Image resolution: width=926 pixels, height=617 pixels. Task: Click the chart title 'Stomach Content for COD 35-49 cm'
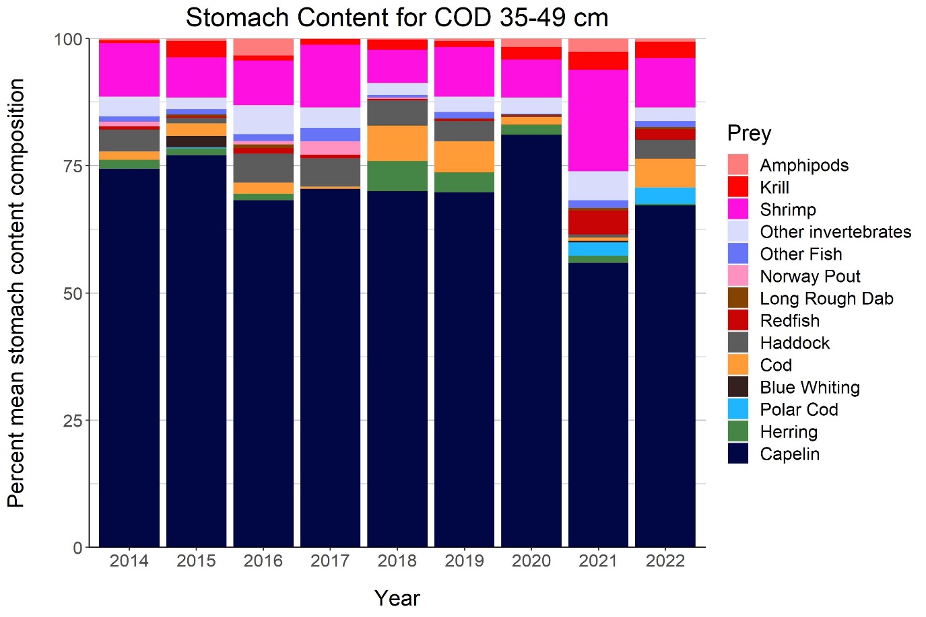[x=397, y=17]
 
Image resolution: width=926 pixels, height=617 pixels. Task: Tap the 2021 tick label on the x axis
[x=598, y=561]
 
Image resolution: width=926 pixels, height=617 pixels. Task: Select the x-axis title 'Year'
[x=397, y=598]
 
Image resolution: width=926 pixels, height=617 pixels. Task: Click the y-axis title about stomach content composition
[x=16, y=293]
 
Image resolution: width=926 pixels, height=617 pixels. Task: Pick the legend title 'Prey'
[x=749, y=133]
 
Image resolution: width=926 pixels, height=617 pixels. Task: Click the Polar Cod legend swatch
[x=738, y=410]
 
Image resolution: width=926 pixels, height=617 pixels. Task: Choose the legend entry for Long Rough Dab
[x=826, y=299]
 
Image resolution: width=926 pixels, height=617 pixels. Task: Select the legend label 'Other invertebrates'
[x=835, y=232]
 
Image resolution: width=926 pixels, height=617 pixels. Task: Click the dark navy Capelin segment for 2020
[x=531, y=336]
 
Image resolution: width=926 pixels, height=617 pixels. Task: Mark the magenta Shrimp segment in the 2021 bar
[x=598, y=120]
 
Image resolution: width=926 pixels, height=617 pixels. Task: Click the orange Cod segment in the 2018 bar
[x=397, y=143]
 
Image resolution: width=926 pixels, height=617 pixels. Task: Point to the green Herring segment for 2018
[x=397, y=176]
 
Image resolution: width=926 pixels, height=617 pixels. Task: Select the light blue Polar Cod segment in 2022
[x=665, y=196]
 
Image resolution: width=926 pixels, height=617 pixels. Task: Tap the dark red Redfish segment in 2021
[x=598, y=222]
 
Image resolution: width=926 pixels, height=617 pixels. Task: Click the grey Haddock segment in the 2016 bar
[x=263, y=168]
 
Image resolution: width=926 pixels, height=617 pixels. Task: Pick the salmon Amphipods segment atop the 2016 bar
[x=263, y=47]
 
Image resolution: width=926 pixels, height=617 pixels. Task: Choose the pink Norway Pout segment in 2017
[x=330, y=148]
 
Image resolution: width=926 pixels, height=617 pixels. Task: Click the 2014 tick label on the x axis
[x=129, y=561]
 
